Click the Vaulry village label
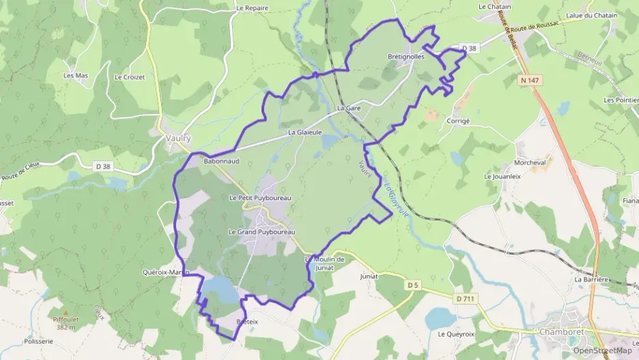click(x=178, y=137)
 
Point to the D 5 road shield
click(x=411, y=284)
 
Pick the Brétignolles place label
click(x=406, y=57)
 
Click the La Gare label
click(x=348, y=109)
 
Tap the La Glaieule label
click(x=304, y=133)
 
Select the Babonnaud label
click(x=221, y=161)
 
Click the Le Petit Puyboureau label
click(x=260, y=198)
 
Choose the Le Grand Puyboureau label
click(x=261, y=232)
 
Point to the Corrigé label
click(x=458, y=120)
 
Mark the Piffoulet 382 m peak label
click(x=66, y=322)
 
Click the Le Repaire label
click(x=252, y=8)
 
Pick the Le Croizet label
click(x=130, y=77)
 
